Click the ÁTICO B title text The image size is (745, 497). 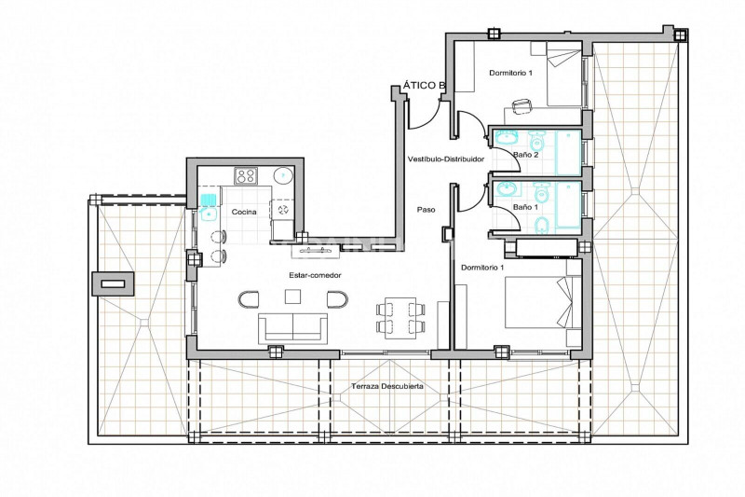pos(425,86)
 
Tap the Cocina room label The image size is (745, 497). pos(244,212)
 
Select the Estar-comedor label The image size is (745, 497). pos(315,275)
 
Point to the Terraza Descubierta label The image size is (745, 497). pos(387,386)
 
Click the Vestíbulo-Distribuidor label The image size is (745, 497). pos(446,159)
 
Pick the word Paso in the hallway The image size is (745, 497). pos(427,209)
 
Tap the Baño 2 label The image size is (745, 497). pos(526,155)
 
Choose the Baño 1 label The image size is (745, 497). pos(525,207)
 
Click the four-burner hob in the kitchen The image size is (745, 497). pos(246,176)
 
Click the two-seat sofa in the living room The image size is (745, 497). pos(292,328)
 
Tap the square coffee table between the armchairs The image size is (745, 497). pos(292,297)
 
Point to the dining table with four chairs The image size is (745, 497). pos(400,318)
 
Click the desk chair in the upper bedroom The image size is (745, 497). pos(521,106)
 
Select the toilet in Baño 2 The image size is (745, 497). pos(537,140)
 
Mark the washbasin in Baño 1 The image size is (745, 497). pos(507,189)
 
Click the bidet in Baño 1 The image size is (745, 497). pos(541,225)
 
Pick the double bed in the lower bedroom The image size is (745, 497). pos(543,302)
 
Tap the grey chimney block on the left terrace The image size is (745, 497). pos(114,283)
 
